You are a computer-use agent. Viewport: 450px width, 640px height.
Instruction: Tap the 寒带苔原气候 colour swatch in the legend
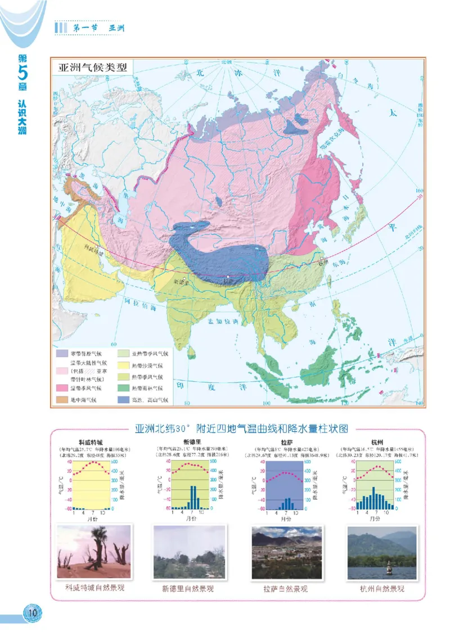[63, 354]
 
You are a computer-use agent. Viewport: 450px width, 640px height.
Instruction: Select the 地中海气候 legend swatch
[63, 400]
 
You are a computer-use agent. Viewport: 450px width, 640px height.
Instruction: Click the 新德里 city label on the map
[182, 281]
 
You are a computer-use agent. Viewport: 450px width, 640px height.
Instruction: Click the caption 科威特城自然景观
[94, 589]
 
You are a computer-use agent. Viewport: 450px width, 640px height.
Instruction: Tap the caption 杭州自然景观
[382, 589]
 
